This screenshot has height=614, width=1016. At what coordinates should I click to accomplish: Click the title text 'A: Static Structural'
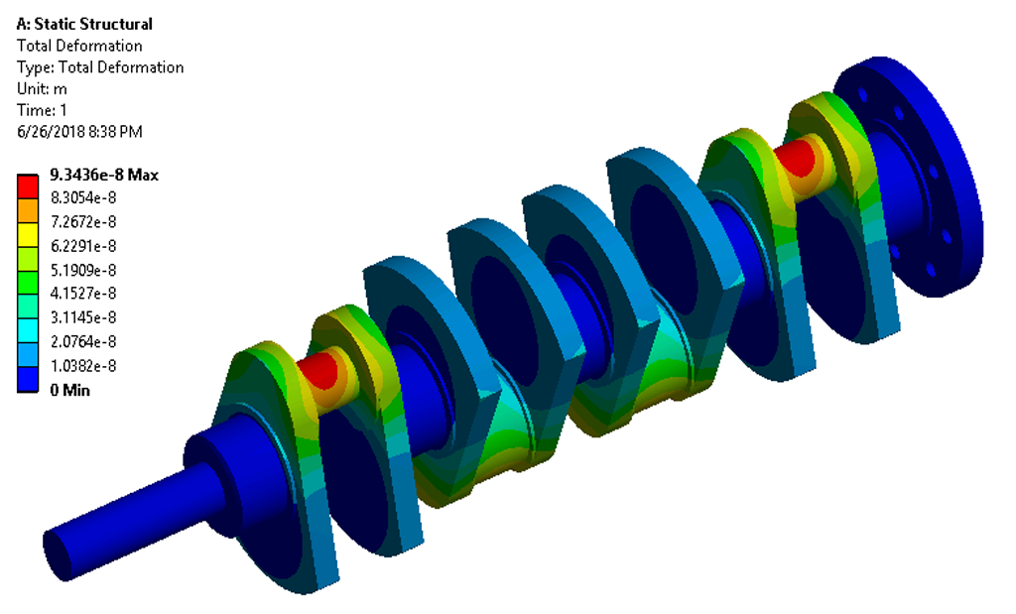click(84, 24)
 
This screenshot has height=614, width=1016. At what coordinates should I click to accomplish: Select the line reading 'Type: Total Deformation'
click(100, 67)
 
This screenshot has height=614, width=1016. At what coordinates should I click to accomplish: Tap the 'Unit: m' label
click(42, 89)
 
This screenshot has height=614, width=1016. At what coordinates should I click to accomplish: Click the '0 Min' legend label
click(69, 390)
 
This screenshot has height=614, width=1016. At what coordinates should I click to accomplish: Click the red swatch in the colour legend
click(28, 185)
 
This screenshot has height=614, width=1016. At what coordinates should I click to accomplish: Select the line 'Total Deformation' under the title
click(79, 46)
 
